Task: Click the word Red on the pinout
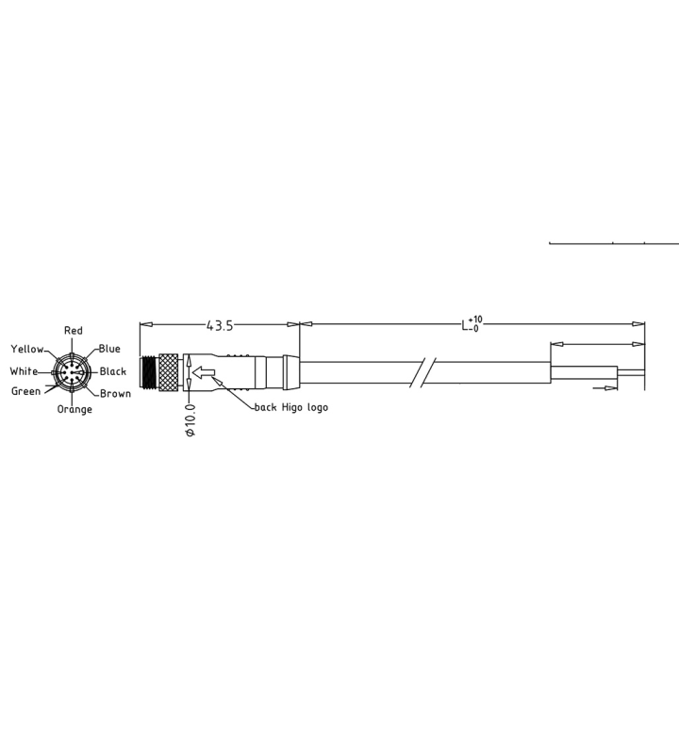[x=73, y=331]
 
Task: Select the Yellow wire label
[x=26, y=350]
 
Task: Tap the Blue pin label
[x=109, y=349]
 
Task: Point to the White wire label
[x=24, y=371]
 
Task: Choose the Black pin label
[x=113, y=371]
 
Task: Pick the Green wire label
[x=25, y=391]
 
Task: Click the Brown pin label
[x=115, y=394]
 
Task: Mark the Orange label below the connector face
[x=75, y=410]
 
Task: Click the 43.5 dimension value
[x=220, y=325]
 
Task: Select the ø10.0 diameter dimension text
[x=190, y=420]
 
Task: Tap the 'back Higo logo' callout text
[x=291, y=407]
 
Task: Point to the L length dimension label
[x=466, y=325]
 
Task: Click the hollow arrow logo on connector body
[x=203, y=374]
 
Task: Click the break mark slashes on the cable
[x=422, y=371]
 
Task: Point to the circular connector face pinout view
[x=72, y=372]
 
